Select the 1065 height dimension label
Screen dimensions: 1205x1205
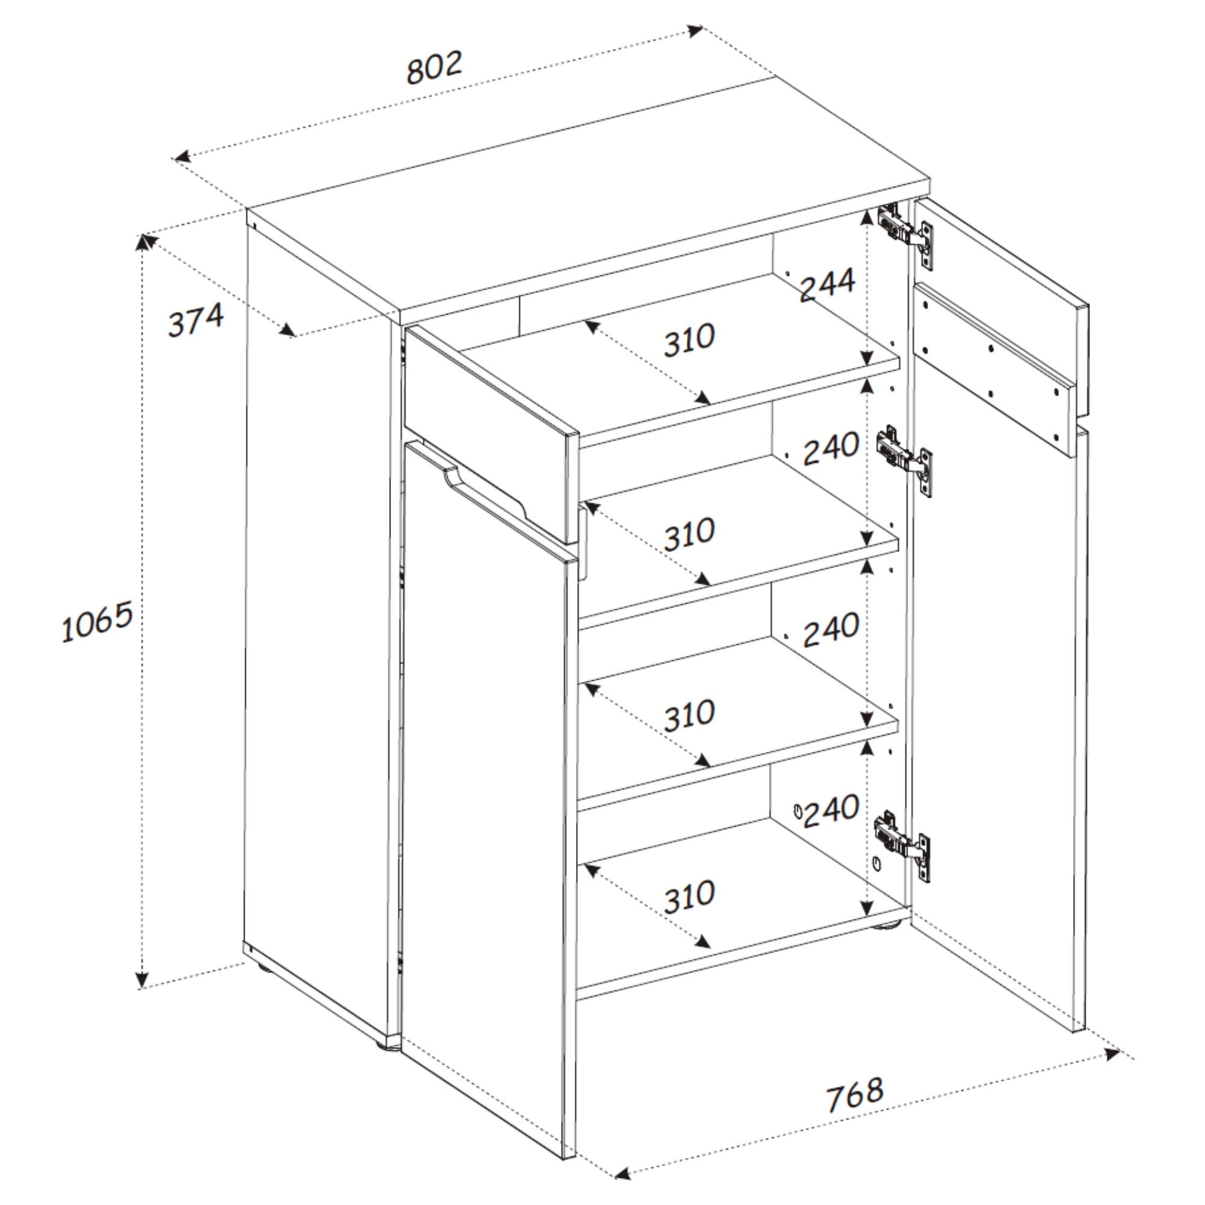97,621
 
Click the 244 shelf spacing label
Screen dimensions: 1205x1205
828,286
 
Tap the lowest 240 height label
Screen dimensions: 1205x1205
831,811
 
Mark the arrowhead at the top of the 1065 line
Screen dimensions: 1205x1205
143,242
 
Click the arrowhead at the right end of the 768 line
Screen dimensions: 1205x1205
1112,1054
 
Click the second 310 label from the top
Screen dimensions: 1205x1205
689,534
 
